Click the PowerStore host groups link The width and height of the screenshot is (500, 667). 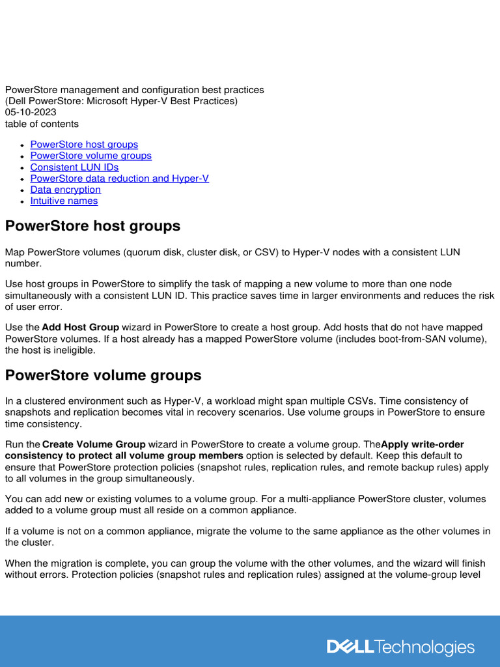84,145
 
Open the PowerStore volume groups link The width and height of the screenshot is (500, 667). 90,156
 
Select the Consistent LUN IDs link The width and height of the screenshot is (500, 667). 74,167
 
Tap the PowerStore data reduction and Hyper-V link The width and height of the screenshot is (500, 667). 119,178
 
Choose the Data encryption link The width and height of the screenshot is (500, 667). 65,190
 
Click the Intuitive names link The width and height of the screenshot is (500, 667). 64,201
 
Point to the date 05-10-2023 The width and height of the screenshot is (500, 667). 31,113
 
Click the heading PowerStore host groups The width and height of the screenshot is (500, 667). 92,227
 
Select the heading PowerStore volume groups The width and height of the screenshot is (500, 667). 103,376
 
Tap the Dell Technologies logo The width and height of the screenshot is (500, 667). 400,647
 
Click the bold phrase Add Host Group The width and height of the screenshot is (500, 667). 80,328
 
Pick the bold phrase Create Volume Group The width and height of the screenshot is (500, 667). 94,445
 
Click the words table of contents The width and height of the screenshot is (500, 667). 42,124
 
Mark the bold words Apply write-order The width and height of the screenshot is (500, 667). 423,445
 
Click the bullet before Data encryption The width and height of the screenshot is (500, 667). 23,190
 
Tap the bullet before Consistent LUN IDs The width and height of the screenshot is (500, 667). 23,168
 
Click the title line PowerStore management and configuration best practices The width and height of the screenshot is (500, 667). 135,90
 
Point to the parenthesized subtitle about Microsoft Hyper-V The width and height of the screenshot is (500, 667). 121,101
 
